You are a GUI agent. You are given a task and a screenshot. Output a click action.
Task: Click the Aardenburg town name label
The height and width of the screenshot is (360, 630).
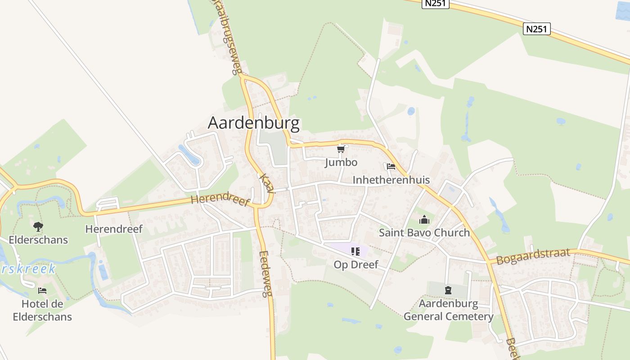253,123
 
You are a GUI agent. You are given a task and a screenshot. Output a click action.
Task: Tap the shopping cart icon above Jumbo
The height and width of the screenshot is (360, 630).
341,149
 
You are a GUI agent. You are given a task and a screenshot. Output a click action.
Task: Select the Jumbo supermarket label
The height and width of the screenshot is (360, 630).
341,162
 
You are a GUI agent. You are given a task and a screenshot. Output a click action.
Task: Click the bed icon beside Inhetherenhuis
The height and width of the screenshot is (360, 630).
391,167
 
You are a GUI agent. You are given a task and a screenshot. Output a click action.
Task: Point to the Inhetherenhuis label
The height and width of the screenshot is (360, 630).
391,180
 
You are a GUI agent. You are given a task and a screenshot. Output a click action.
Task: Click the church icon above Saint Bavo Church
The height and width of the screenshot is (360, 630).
424,220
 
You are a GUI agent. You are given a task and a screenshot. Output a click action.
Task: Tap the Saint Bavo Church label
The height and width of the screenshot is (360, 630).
424,233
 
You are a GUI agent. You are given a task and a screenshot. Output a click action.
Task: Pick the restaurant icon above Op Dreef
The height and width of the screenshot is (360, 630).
355,252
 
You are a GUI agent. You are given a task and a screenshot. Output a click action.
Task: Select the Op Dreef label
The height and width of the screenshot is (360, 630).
356,265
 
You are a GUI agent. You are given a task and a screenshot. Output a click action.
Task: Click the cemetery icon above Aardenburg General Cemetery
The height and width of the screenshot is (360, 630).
448,290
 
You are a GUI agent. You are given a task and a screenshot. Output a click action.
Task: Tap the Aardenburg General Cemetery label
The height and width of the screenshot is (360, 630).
448,310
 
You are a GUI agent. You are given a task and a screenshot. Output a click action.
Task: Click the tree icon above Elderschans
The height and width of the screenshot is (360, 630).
38,226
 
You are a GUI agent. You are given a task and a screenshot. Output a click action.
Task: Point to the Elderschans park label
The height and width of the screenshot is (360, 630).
38,239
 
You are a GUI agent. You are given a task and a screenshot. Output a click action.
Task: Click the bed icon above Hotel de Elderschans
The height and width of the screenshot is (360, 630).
42,291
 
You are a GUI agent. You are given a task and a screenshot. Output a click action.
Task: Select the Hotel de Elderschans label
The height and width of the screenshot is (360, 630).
42,310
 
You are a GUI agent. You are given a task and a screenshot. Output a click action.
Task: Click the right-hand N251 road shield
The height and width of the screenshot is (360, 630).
537,29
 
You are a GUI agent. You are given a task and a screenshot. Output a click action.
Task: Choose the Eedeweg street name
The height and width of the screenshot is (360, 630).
266,273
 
